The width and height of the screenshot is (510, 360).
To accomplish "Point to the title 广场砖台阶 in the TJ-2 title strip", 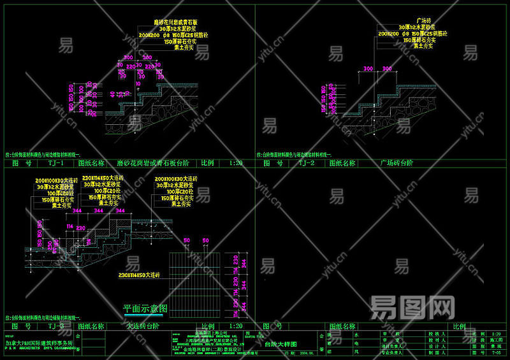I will click(x=398, y=164).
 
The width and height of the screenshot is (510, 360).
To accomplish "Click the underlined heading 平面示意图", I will click(x=146, y=308).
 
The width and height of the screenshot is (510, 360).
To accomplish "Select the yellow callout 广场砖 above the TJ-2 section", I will click(x=424, y=21).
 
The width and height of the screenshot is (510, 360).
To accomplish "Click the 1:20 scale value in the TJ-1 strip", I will click(x=235, y=164).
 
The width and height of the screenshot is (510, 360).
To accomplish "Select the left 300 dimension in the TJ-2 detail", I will click(x=368, y=68).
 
